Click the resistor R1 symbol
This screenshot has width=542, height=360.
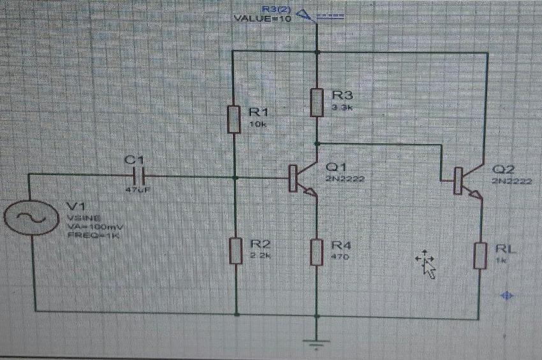coord(234,119)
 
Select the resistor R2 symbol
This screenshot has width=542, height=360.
coord(235,249)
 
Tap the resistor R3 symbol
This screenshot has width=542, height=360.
coord(317,103)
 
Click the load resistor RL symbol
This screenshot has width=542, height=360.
coord(481,255)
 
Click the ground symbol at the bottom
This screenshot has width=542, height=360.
coord(317,342)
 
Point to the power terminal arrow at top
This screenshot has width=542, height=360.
coord(304,15)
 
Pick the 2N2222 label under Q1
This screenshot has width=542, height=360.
coord(345,179)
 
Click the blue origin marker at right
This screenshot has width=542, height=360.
coord(508,295)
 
